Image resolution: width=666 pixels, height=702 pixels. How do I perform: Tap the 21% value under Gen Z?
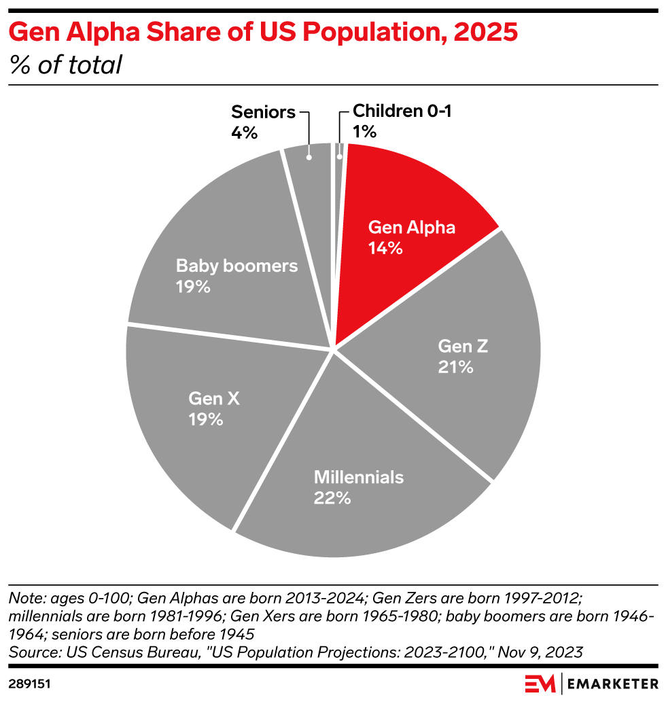(455, 367)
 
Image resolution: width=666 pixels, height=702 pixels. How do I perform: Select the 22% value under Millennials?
(332, 497)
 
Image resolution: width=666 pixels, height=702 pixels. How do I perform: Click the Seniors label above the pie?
(263, 112)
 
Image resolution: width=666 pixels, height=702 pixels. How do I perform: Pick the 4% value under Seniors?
(244, 132)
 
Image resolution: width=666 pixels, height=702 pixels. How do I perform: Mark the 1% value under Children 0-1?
(364, 132)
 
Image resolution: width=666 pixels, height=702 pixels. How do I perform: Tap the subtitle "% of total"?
(65, 65)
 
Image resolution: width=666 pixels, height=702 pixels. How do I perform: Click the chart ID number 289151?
(31, 682)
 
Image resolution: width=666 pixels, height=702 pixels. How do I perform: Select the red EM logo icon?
(540, 683)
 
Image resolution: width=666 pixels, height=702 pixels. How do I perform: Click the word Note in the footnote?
(24, 599)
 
